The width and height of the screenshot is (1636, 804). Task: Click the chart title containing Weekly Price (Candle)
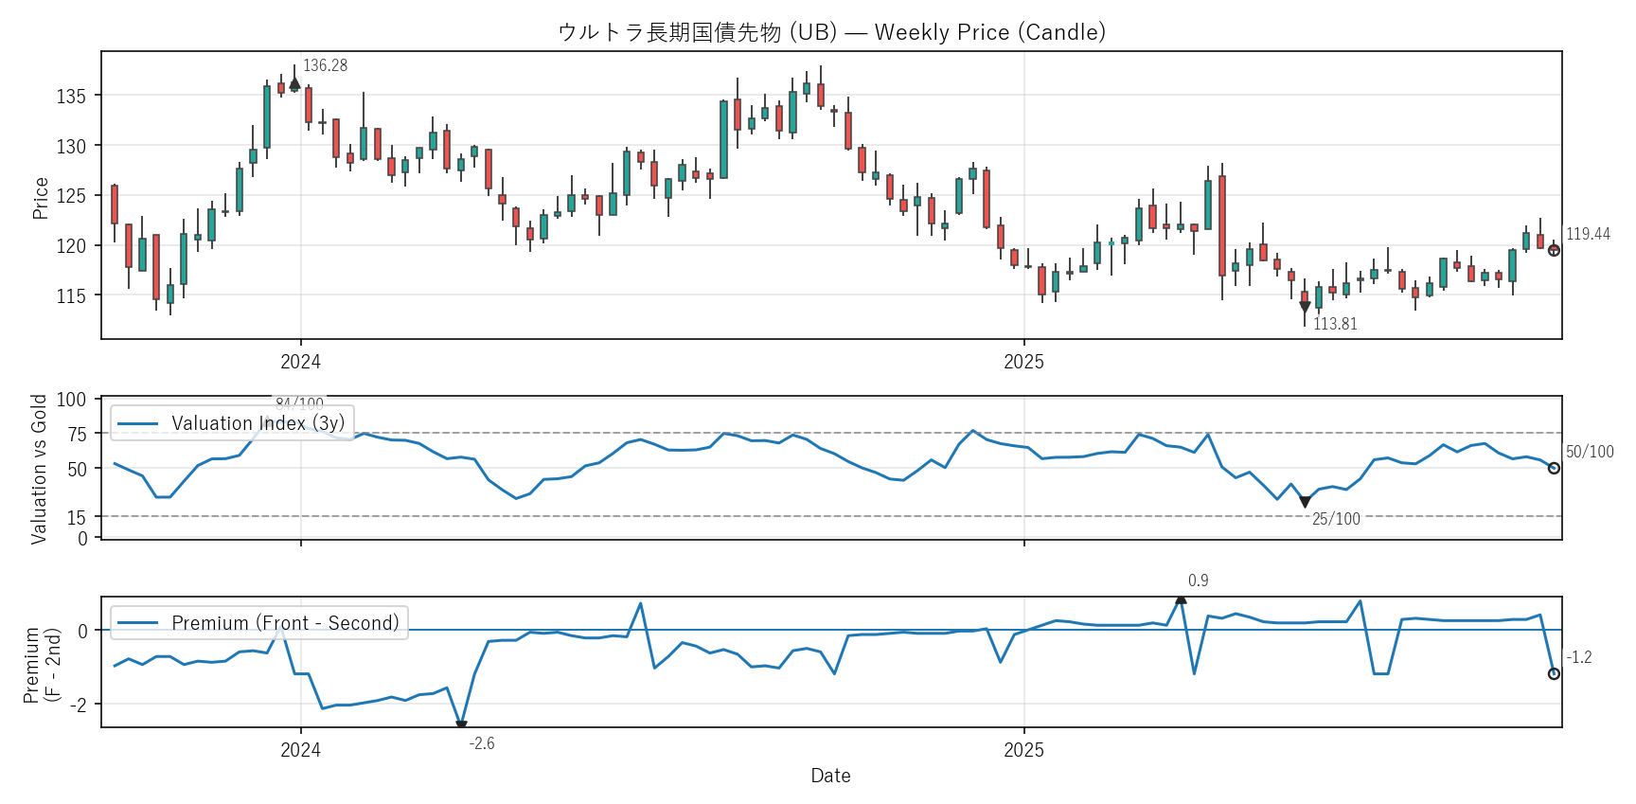831,32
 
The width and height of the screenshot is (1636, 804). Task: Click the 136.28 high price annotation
325,65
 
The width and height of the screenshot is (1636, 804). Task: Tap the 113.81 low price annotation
1335,324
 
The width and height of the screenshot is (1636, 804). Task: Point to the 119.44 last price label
1588,234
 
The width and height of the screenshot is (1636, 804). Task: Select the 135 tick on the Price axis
71,96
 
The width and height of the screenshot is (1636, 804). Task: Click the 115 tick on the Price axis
71,295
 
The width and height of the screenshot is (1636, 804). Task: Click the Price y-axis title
40,198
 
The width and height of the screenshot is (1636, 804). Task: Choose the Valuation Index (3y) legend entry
258,423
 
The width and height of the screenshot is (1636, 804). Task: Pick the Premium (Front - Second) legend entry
285,623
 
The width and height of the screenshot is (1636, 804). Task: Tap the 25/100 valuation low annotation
1336,519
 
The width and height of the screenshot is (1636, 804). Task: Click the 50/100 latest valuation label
1590,452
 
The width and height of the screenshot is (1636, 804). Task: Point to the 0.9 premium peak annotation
1198,581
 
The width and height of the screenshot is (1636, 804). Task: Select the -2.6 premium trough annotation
482,743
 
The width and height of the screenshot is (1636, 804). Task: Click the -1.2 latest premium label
1579,657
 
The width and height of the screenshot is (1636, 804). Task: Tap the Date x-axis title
830,776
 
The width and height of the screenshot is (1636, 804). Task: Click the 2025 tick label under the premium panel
1023,750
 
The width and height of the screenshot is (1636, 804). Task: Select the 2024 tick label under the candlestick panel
300,362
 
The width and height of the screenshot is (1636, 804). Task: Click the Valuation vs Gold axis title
39,469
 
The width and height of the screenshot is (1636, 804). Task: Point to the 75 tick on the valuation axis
77,434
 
